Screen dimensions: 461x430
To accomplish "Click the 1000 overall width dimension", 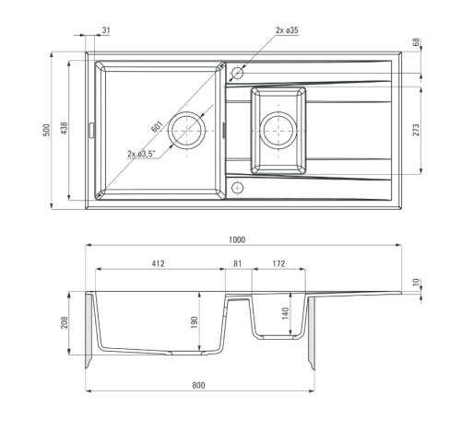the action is point(237,239).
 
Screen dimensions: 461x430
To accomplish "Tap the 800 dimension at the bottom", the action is point(198,385).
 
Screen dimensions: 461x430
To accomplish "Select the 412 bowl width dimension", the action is point(158,263).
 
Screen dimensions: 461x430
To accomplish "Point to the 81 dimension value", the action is point(238,263).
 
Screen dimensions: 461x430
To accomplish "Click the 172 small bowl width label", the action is point(278,263).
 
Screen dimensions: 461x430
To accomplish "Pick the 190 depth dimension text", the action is point(195,322).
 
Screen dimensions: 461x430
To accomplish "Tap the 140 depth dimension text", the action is point(285,314).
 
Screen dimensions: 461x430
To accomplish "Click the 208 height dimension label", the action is point(65,322).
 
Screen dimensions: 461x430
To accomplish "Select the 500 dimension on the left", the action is point(46,131).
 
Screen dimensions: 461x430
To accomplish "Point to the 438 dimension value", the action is point(65,128).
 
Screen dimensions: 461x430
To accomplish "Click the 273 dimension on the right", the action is point(416,130).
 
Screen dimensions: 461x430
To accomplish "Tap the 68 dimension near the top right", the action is point(416,42).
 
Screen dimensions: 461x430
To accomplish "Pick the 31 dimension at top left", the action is point(106,30).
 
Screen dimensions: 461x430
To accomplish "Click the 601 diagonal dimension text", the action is point(157,126).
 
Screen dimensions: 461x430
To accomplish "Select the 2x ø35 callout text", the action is point(287,30).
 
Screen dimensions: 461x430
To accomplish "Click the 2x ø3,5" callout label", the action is point(142,154).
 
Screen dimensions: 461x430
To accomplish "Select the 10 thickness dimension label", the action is point(416,282).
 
